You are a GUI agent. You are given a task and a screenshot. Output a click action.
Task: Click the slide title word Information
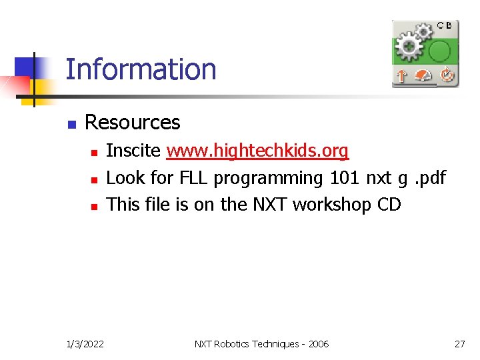click(141, 69)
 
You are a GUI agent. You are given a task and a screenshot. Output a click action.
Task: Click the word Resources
click(132, 123)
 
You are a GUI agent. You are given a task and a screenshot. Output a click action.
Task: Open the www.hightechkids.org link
click(257, 151)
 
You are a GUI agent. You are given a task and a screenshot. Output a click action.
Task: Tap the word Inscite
click(133, 151)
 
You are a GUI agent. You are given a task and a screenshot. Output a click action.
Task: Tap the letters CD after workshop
click(389, 205)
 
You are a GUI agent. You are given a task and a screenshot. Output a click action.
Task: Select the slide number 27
click(459, 344)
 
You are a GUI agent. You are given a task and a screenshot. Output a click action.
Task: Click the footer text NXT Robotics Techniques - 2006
click(261, 344)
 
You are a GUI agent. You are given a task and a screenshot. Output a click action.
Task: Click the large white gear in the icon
click(409, 47)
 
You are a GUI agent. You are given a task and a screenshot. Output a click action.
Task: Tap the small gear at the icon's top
click(424, 31)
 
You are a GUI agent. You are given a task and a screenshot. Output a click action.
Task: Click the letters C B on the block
click(444, 25)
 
